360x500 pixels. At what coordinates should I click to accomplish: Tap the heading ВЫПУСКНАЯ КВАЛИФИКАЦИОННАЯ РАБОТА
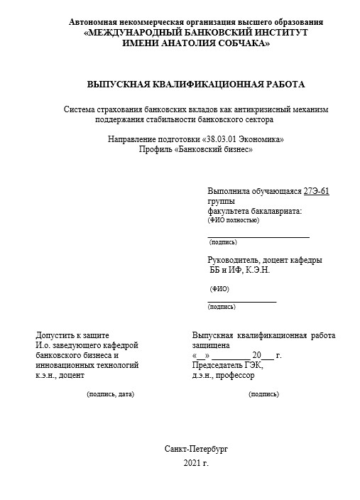coord(195,85)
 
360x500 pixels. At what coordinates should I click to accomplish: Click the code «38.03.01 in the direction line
coord(219,140)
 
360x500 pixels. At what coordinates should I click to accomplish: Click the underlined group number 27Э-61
coord(316,192)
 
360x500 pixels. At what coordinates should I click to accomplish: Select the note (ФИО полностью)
coord(234,220)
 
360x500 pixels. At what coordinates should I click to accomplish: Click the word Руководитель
coord(234,260)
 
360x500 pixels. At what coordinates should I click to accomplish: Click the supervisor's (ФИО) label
coord(219,289)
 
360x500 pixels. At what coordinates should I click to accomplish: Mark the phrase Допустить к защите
coord(72,335)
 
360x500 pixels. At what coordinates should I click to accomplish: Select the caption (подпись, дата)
coord(110,393)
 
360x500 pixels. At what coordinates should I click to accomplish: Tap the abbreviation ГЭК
coord(253,365)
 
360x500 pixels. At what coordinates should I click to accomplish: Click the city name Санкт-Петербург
coord(196,450)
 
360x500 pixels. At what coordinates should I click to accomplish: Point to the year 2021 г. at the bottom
coord(196,463)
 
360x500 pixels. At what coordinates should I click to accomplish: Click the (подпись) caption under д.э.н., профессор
coord(263,393)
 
